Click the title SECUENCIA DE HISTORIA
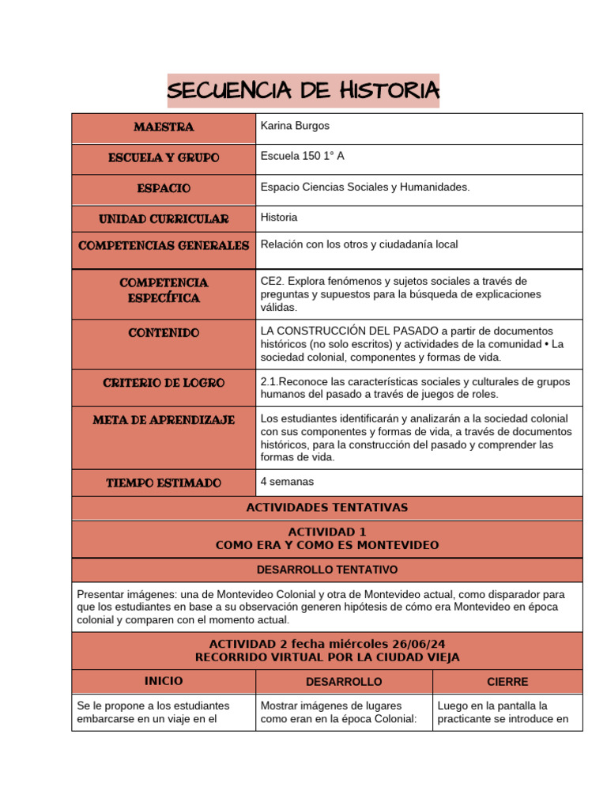[303, 90]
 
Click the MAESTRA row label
[164, 127]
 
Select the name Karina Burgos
[295, 126]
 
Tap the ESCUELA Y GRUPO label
[164, 158]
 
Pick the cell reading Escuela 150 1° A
[302, 156]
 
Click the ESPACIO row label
[164, 189]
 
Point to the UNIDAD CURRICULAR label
[164, 219]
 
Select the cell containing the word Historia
[279, 217]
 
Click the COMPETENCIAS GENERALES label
[164, 246]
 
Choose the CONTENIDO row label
[164, 333]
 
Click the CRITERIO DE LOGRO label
[164, 383]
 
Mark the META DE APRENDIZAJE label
[164, 420]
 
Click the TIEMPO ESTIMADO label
[164, 483]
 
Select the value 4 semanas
[287, 481]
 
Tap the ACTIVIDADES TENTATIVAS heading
[327, 508]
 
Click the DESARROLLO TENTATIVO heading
[327, 570]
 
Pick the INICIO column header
[164, 681]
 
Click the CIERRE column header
[507, 681]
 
